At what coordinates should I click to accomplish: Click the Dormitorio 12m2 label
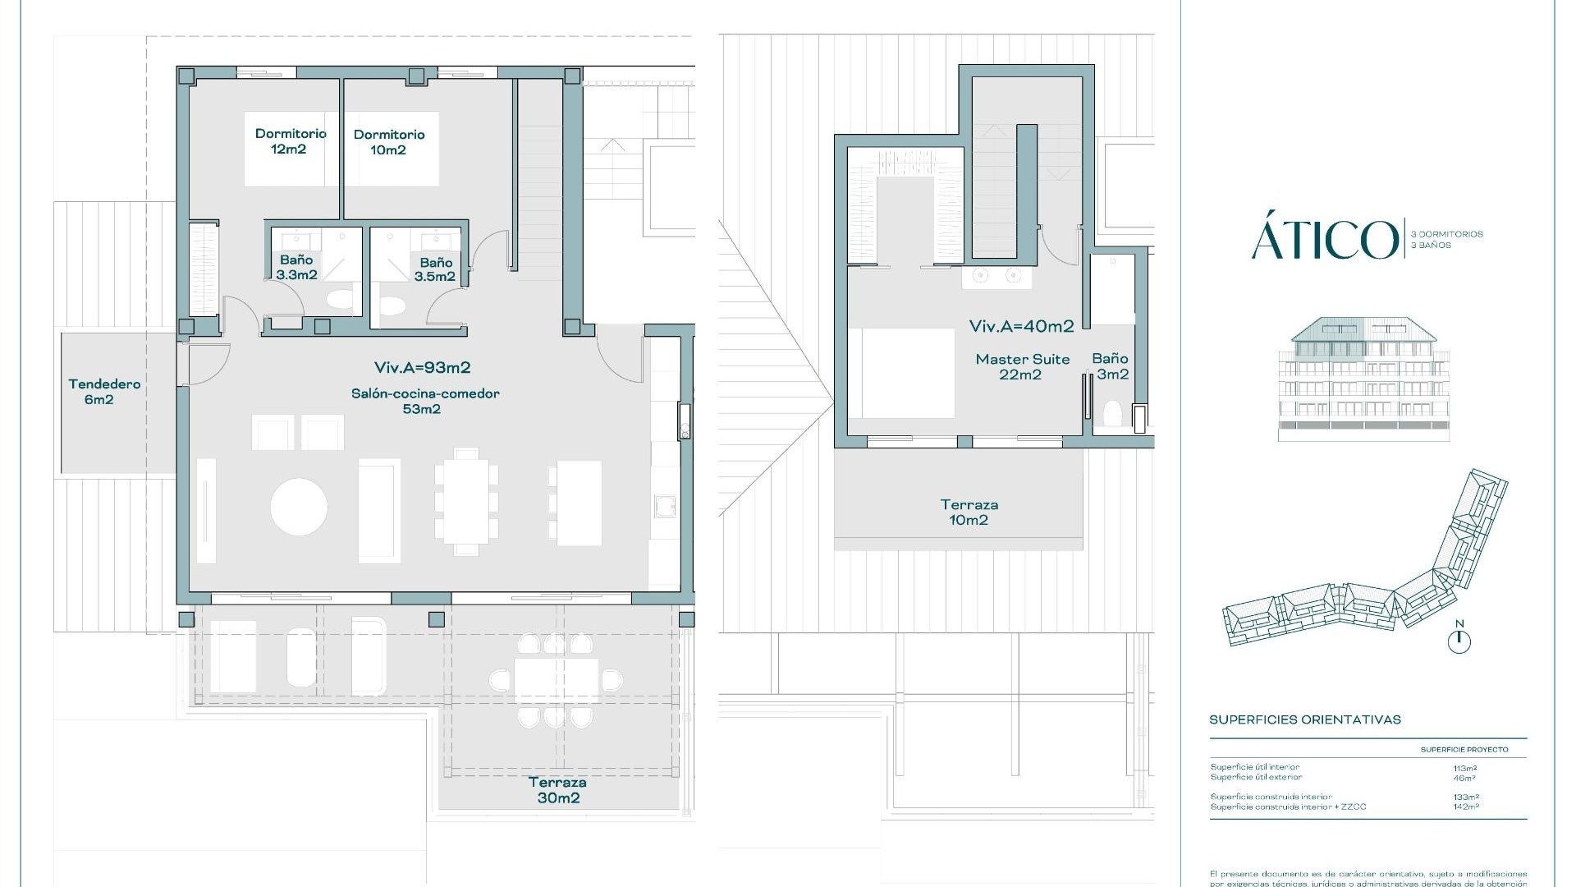pyautogui.click(x=290, y=140)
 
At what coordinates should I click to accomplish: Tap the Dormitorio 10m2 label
pyautogui.click(x=388, y=141)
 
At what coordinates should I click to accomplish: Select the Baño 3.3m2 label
pyautogui.click(x=296, y=267)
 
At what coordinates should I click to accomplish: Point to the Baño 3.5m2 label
pyautogui.click(x=435, y=269)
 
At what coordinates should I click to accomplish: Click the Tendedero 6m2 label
pyautogui.click(x=103, y=391)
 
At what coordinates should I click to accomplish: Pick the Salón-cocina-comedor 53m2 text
pyautogui.click(x=424, y=401)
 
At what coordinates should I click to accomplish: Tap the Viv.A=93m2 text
pyautogui.click(x=422, y=367)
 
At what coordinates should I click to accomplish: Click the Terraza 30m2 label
pyautogui.click(x=557, y=789)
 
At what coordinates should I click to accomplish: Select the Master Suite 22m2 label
pyautogui.click(x=1022, y=366)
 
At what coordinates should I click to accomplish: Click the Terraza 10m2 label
pyautogui.click(x=969, y=512)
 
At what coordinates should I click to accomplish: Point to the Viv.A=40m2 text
pyautogui.click(x=1021, y=326)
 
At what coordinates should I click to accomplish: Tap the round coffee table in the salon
pyautogui.click(x=299, y=507)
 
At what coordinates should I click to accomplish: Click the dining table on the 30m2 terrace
pyautogui.click(x=556, y=681)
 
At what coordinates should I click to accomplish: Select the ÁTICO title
pyautogui.click(x=1323, y=239)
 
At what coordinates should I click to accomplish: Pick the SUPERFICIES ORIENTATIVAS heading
pyautogui.click(x=1304, y=719)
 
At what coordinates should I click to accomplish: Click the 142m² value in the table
pyautogui.click(x=1465, y=807)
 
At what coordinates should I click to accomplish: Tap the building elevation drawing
pyautogui.click(x=1363, y=379)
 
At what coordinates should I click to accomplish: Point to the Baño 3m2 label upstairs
pyautogui.click(x=1111, y=366)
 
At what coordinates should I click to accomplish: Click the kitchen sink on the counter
pyautogui.click(x=665, y=506)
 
